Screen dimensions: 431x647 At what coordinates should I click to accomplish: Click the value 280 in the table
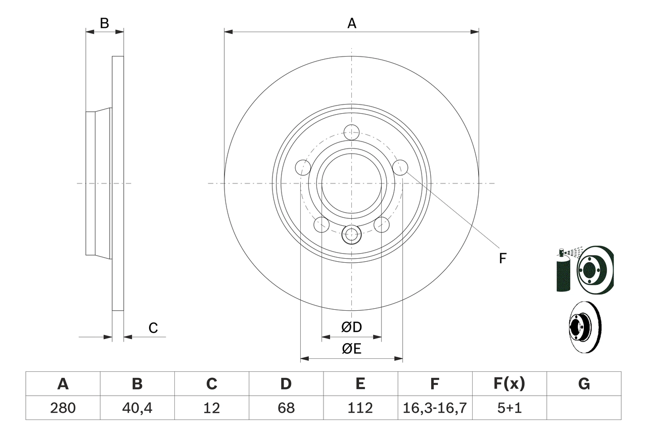tap(63, 408)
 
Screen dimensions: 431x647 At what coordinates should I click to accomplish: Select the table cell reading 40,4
tap(137, 408)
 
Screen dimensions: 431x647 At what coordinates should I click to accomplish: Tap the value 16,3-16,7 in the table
tap(434, 408)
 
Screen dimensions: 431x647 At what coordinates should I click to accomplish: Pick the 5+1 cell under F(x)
tap(509, 408)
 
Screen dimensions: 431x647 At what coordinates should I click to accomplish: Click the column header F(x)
tap(509, 384)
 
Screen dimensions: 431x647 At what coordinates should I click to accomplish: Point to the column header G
tap(584, 384)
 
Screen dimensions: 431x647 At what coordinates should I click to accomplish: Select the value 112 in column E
tap(360, 408)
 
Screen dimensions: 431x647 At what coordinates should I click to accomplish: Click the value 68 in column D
tap(286, 408)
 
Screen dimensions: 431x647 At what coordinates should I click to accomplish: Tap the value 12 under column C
tap(211, 408)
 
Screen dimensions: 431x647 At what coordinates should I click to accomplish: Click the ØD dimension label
tap(352, 327)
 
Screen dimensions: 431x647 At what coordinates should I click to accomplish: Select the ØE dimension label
tap(352, 349)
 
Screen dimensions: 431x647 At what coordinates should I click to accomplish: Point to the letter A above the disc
tap(351, 23)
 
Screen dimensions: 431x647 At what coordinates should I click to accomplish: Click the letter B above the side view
tap(104, 23)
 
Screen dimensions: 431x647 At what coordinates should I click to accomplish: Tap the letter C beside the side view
tap(153, 328)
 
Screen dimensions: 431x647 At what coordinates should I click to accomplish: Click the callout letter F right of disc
tap(502, 259)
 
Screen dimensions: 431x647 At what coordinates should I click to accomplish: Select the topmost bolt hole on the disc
tap(351, 132)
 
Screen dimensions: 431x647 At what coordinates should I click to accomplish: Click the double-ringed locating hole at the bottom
tap(351, 234)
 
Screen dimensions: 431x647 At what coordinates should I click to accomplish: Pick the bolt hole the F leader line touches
tap(400, 167)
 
